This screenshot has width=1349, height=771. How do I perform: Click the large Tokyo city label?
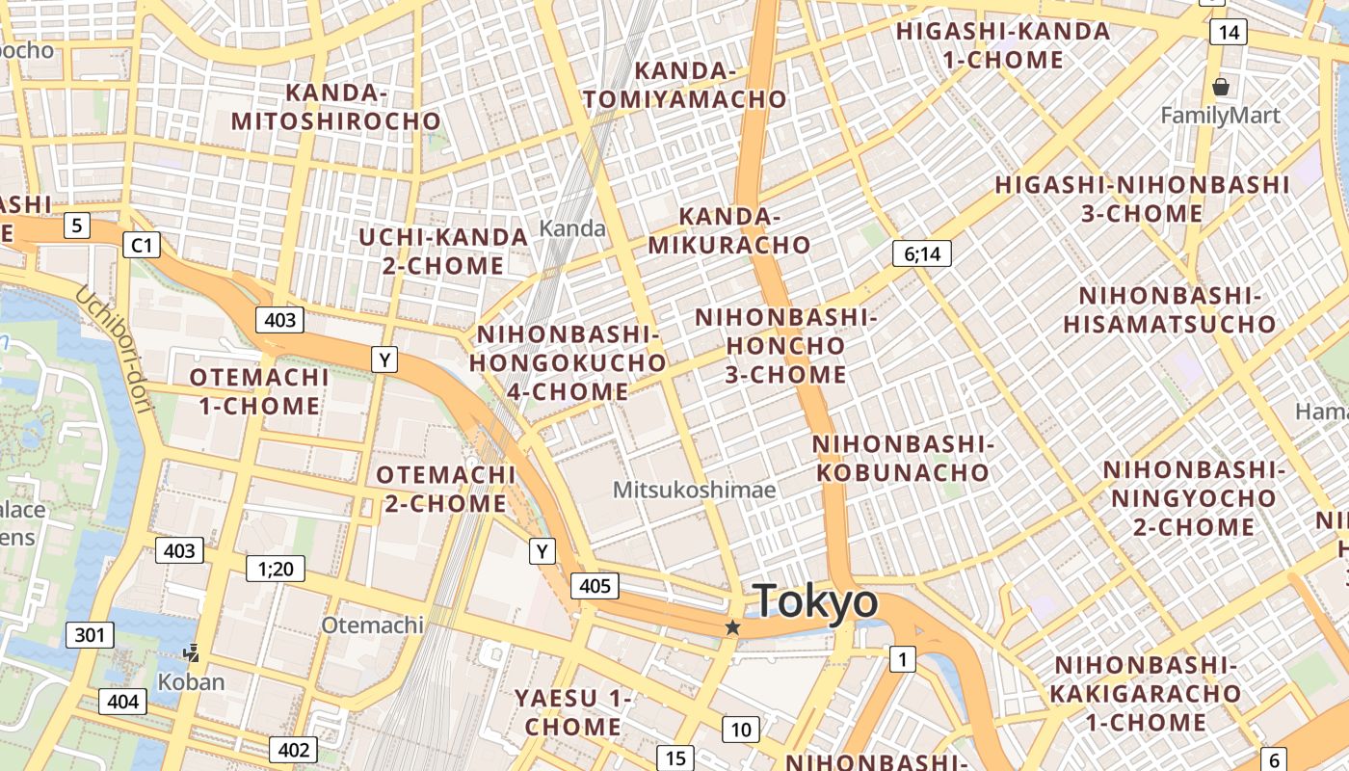[x=815, y=602]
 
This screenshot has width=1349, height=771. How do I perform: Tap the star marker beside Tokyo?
[x=732, y=627]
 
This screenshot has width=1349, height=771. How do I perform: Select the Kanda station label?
[x=572, y=228]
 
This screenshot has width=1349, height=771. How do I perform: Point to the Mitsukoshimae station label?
[x=694, y=490]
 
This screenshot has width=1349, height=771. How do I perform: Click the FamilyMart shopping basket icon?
[x=1221, y=88]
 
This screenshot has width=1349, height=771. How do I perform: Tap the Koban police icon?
[x=192, y=653]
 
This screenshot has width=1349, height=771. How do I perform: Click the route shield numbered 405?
[x=595, y=585]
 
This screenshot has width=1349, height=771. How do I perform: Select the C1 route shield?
[x=142, y=246]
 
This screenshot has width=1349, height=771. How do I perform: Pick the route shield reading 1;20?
[x=276, y=569]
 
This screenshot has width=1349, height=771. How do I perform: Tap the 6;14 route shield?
[x=922, y=253]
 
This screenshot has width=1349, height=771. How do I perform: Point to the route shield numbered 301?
[x=90, y=635]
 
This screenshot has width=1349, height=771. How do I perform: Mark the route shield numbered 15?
[x=676, y=758]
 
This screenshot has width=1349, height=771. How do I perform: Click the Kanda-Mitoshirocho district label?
[x=336, y=107]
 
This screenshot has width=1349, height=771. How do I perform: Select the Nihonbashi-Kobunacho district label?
[x=902, y=458]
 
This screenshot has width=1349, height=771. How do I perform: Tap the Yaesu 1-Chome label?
[x=573, y=711]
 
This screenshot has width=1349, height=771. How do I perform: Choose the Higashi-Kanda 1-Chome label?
[x=1003, y=45]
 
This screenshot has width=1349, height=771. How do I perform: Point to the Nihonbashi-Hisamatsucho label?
[x=1170, y=309]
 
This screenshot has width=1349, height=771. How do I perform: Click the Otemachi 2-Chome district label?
[x=444, y=489]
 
